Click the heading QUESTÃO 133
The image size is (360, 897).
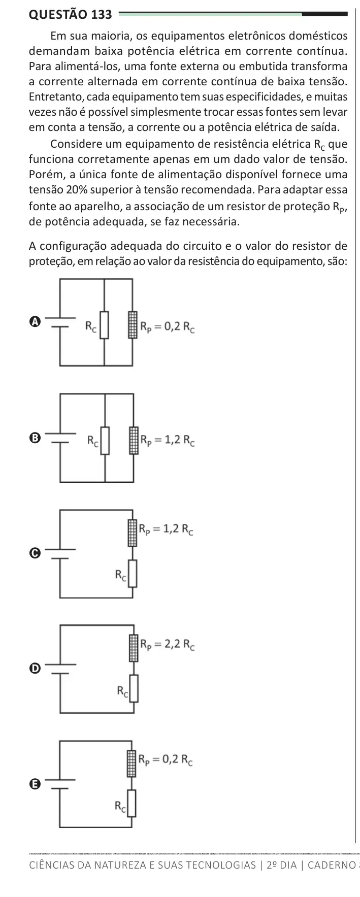click(x=71, y=14)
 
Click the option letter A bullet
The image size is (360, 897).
click(x=34, y=322)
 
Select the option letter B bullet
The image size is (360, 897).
click(x=34, y=437)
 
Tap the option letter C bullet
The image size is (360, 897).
click(x=34, y=553)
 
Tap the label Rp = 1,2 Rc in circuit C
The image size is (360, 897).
click(x=168, y=530)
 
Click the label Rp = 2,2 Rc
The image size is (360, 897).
click(x=168, y=645)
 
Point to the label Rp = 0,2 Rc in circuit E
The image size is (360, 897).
click(x=167, y=760)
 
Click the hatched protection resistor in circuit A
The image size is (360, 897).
click(x=133, y=325)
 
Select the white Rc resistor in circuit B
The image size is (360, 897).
click(x=105, y=441)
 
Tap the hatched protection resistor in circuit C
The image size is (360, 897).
click(x=133, y=532)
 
